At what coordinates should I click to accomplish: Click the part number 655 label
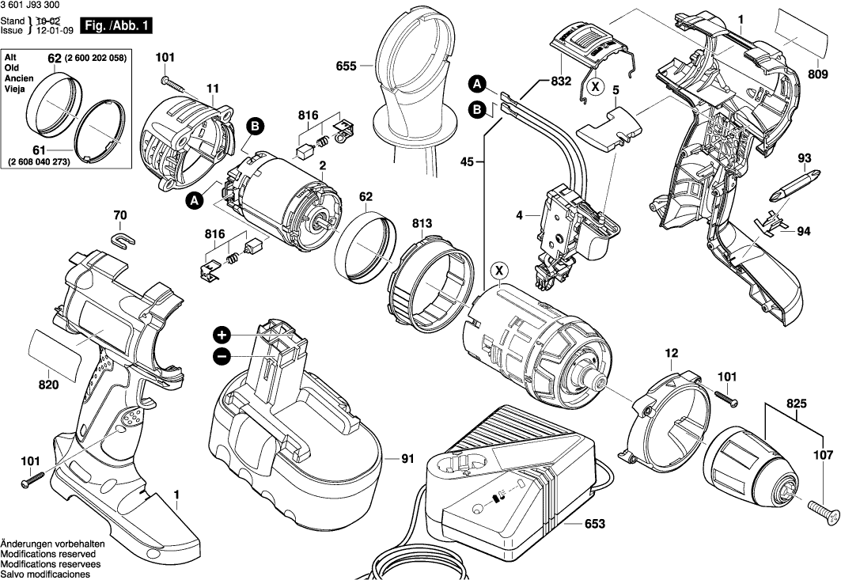[x=346, y=67]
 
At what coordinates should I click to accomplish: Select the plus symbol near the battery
[x=222, y=334]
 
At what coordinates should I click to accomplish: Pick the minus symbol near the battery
[x=222, y=357]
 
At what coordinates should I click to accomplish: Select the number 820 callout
[x=48, y=385]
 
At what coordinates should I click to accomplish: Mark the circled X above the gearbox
[x=500, y=271]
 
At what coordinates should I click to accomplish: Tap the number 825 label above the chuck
[x=796, y=404]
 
